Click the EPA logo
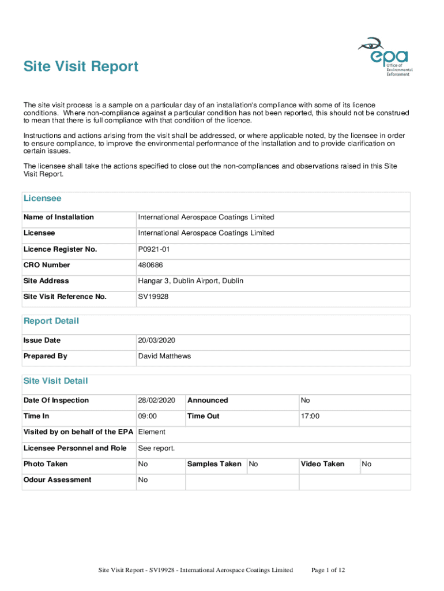(x=385, y=57)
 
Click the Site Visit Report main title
(x=81, y=67)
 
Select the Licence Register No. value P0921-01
(x=154, y=249)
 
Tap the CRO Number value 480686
(x=150, y=265)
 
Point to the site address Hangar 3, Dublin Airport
(x=190, y=281)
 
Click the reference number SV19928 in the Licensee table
(x=153, y=297)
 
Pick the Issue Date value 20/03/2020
(x=156, y=341)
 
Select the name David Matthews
(x=164, y=356)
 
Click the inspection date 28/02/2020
(x=156, y=401)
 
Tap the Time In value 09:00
(x=148, y=416)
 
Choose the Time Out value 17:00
(x=310, y=416)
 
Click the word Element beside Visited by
(x=152, y=432)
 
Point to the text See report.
(x=156, y=448)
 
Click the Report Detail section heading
(x=51, y=321)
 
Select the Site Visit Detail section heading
(x=56, y=381)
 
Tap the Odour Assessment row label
(x=57, y=480)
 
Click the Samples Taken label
(x=215, y=464)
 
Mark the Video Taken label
(x=322, y=464)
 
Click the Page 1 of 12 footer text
(x=328, y=571)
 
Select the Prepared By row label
(x=46, y=356)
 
